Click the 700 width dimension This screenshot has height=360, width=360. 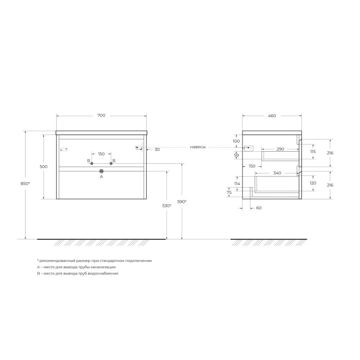(101, 116)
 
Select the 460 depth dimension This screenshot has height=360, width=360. (272, 116)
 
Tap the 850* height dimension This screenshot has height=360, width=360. (26, 184)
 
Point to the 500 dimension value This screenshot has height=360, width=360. (43, 166)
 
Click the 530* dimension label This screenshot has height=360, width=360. (167, 206)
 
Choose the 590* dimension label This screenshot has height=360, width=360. (182, 202)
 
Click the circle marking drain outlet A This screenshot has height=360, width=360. (101, 171)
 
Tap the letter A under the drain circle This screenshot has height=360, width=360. (101, 177)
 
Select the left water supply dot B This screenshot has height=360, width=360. (92, 163)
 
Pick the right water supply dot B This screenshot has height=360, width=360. (111, 163)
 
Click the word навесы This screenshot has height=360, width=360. (198, 147)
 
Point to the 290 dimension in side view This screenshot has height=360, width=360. (280, 149)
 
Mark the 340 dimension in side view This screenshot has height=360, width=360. (277, 173)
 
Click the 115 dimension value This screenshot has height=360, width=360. (313, 152)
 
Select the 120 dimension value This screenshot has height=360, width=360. (313, 183)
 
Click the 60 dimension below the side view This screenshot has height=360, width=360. (259, 208)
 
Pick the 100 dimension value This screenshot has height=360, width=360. (236, 141)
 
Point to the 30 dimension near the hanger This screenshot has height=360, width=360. (157, 149)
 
